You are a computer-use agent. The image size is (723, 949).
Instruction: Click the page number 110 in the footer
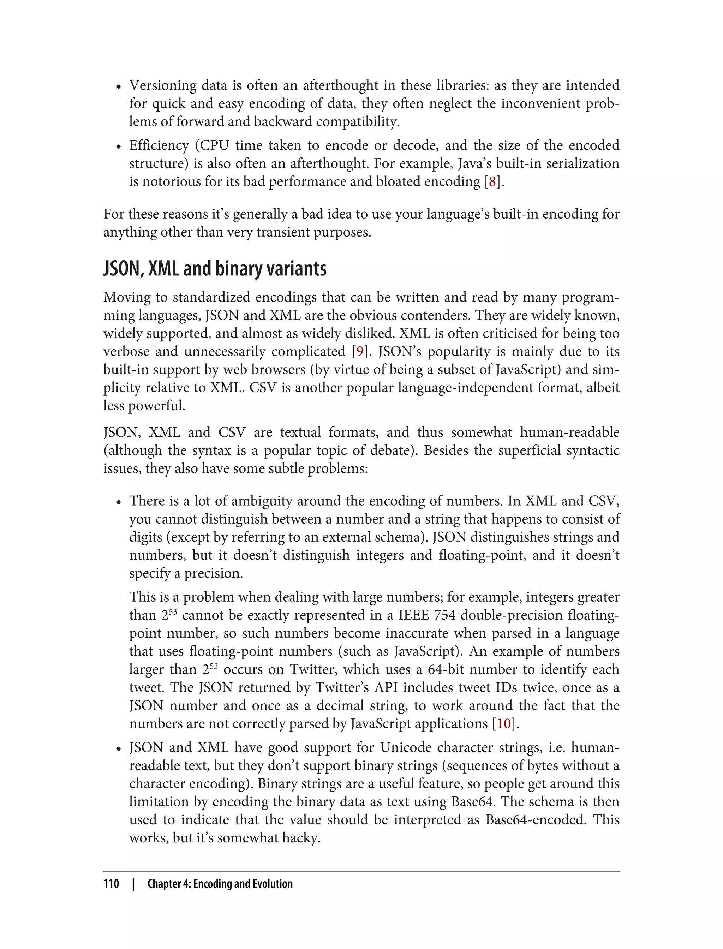[x=112, y=884]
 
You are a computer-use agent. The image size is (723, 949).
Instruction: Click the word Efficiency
[x=159, y=145]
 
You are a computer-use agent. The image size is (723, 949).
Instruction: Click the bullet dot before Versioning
[x=119, y=87]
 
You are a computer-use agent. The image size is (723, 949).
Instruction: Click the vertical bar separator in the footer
[x=133, y=884]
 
